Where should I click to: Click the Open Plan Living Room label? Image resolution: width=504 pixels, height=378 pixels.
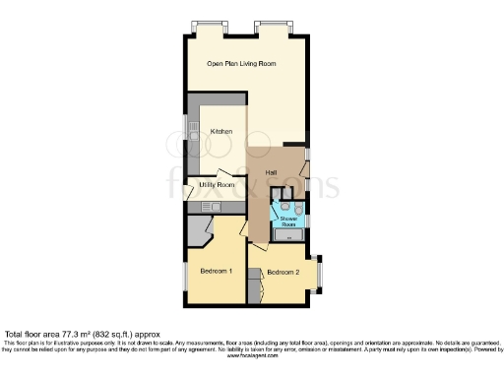[241, 63]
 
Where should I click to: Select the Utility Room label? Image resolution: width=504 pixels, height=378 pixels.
[219, 184]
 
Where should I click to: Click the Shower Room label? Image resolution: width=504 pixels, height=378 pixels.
[288, 221]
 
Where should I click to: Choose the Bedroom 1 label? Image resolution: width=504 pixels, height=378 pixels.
[216, 271]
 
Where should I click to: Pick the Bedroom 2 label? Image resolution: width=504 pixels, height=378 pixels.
[283, 271]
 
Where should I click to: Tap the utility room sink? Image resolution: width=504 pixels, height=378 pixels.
[210, 208]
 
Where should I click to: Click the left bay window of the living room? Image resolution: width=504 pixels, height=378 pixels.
[209, 26]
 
